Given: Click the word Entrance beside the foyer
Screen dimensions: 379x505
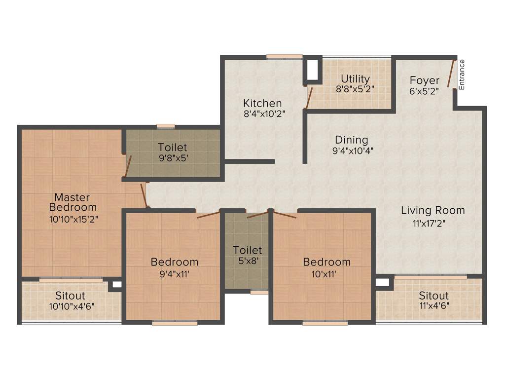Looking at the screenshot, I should coord(462,75).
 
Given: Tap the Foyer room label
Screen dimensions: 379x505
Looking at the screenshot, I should coord(424,80).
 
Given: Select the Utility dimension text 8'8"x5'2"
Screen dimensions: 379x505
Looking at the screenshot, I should coord(355,90).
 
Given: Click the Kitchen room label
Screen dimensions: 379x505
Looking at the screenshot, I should coord(262,103).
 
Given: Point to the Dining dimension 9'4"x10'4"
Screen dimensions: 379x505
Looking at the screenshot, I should coord(352,151).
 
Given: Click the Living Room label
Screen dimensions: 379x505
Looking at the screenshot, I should coord(433,210).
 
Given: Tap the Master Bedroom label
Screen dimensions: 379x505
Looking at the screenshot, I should coord(72,202).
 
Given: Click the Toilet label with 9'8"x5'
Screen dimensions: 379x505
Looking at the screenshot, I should coord(172,147).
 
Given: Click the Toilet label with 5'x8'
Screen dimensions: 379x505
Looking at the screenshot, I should coord(247,250).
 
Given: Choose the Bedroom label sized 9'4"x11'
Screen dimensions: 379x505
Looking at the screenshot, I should coord(175,262).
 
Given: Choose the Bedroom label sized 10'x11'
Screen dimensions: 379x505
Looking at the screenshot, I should coord(326,262).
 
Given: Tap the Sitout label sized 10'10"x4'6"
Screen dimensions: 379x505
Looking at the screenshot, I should coord(70,296).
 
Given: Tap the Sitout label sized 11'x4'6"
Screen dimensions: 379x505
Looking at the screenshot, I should coord(433,296).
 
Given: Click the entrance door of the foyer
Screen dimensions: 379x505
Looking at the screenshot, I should coord(451,74).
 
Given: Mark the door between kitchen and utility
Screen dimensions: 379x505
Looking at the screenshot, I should coord(309,96).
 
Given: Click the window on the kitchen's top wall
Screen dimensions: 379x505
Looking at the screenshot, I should coord(284,56).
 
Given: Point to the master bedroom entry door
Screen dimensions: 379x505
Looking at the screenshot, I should coord(144,195).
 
